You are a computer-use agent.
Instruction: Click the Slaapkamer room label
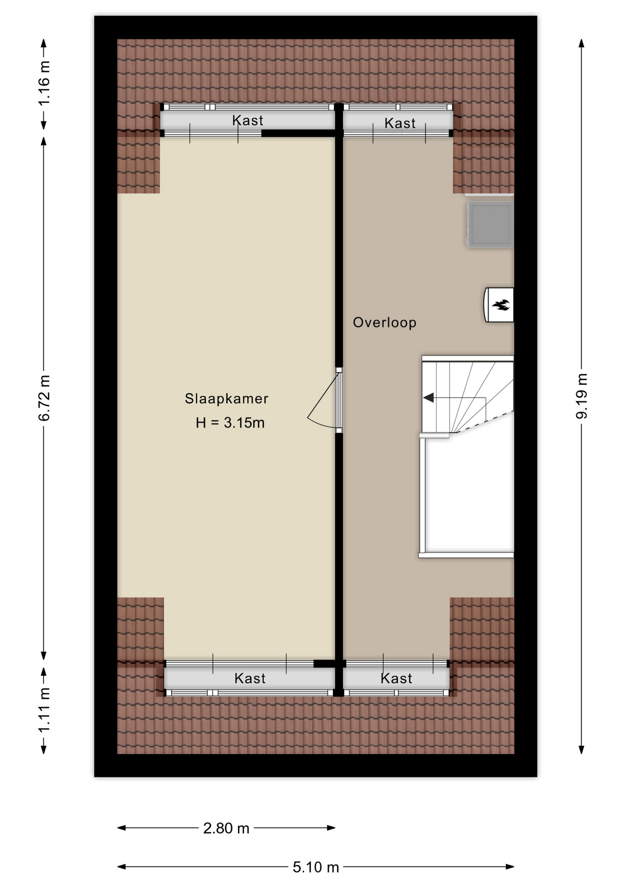point(226,398)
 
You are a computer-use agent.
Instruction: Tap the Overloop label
point(385,322)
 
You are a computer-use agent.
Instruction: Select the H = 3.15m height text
point(230,423)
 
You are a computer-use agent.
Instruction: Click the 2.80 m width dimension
point(226,828)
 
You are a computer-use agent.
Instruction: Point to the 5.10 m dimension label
point(316,867)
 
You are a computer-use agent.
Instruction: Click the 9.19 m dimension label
point(582,396)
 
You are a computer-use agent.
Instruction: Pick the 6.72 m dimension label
point(44,398)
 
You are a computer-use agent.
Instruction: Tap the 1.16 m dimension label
point(44,83)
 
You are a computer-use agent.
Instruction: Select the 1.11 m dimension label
point(44,710)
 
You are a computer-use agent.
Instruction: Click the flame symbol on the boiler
point(501,304)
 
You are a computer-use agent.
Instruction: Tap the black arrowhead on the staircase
point(428,397)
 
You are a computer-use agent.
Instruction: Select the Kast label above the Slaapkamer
point(248,121)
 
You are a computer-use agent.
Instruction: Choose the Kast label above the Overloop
point(400,123)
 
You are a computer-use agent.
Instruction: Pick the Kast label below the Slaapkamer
point(250,678)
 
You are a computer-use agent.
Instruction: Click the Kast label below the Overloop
point(396,678)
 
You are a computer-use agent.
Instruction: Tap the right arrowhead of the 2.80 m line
point(331,828)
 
